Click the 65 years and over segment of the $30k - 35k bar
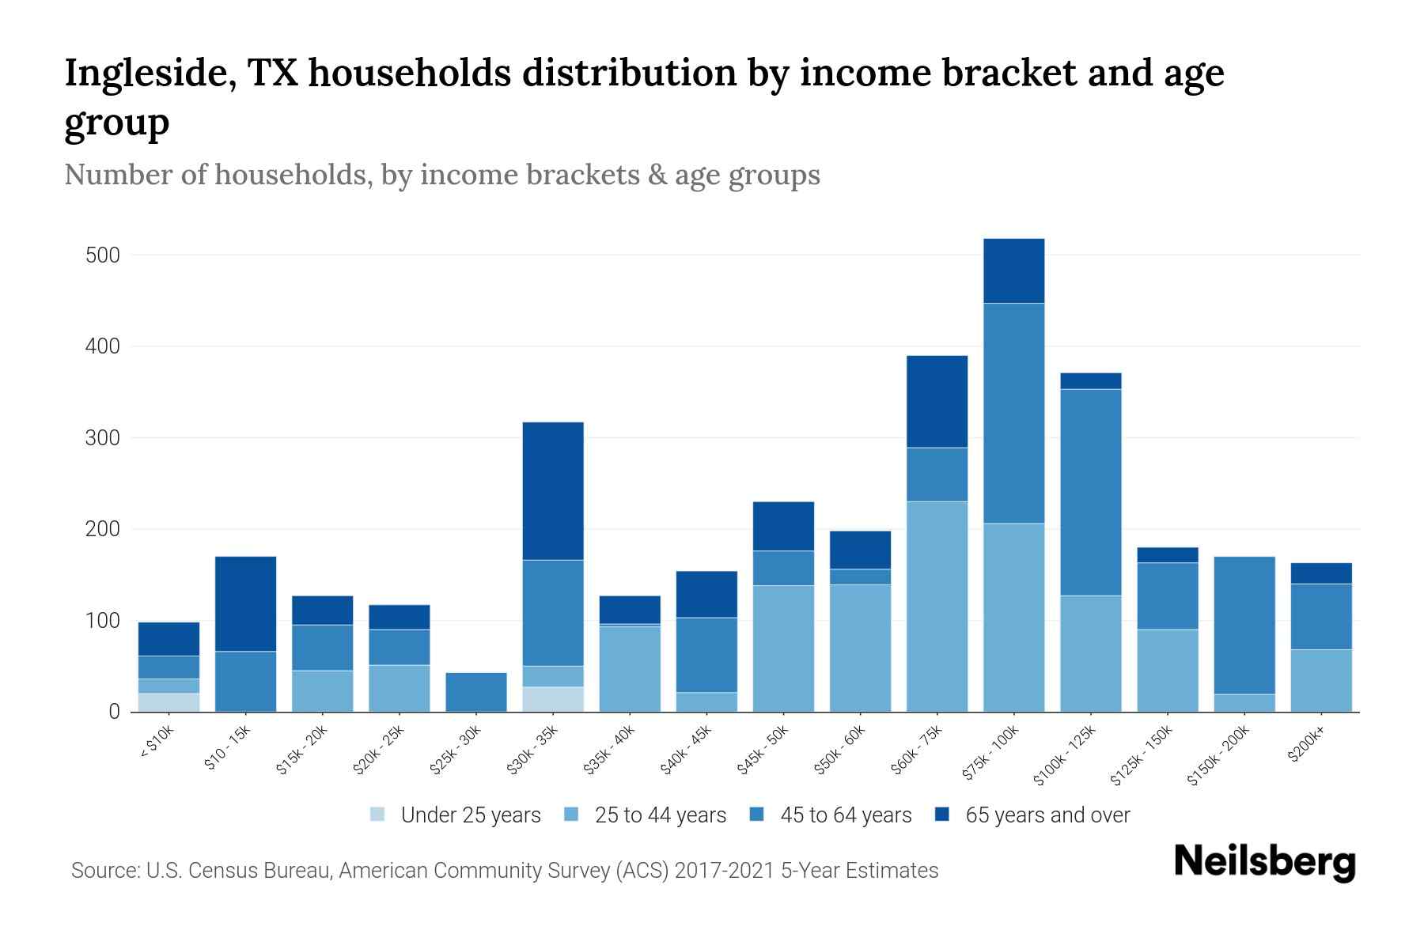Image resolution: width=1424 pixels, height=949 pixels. pos(553,490)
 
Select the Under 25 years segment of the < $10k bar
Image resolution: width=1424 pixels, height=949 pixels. pos(169,702)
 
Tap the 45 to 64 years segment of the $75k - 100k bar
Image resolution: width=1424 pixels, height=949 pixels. pos(1013,413)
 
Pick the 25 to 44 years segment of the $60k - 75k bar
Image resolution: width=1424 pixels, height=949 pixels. pos(937,606)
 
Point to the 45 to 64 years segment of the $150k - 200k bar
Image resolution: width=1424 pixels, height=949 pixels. pos(1244,625)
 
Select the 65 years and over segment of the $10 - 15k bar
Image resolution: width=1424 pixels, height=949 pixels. pos(245,603)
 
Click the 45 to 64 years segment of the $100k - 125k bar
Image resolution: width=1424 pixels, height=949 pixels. pos(1090,492)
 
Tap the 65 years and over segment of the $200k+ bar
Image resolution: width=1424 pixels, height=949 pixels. pos(1321,573)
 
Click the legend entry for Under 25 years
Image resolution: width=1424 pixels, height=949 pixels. pos(470,815)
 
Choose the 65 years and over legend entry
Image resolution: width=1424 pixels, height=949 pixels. pos(1047,815)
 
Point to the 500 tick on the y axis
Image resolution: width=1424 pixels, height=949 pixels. pos(103,255)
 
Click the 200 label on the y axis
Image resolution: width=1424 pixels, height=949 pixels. pos(103,529)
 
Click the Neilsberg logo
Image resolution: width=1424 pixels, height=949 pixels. pos(1264,862)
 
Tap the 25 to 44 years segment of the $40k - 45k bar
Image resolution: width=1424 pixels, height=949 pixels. pos(706,701)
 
